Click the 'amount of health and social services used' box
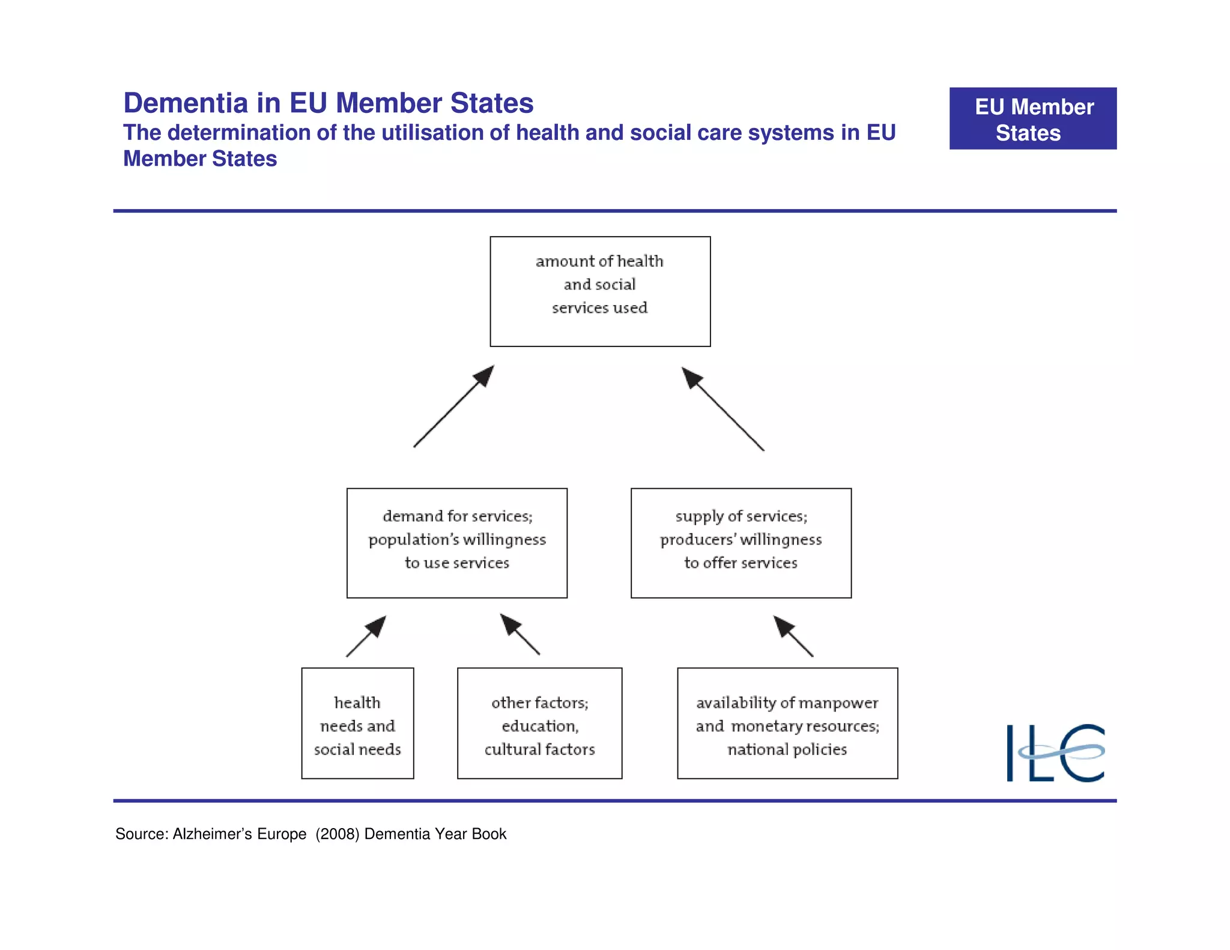click(x=600, y=291)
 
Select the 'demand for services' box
click(x=456, y=543)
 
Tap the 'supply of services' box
click(x=741, y=543)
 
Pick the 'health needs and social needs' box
click(x=357, y=723)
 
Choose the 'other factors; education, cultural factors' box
click(x=539, y=723)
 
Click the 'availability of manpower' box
click(x=787, y=723)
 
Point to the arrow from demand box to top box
click(x=453, y=407)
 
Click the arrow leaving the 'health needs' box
click(x=366, y=637)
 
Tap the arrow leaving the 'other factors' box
click(x=520, y=634)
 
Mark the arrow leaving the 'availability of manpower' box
click(x=793, y=636)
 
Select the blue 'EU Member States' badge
click(x=1032, y=119)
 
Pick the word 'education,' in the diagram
click(x=540, y=727)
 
